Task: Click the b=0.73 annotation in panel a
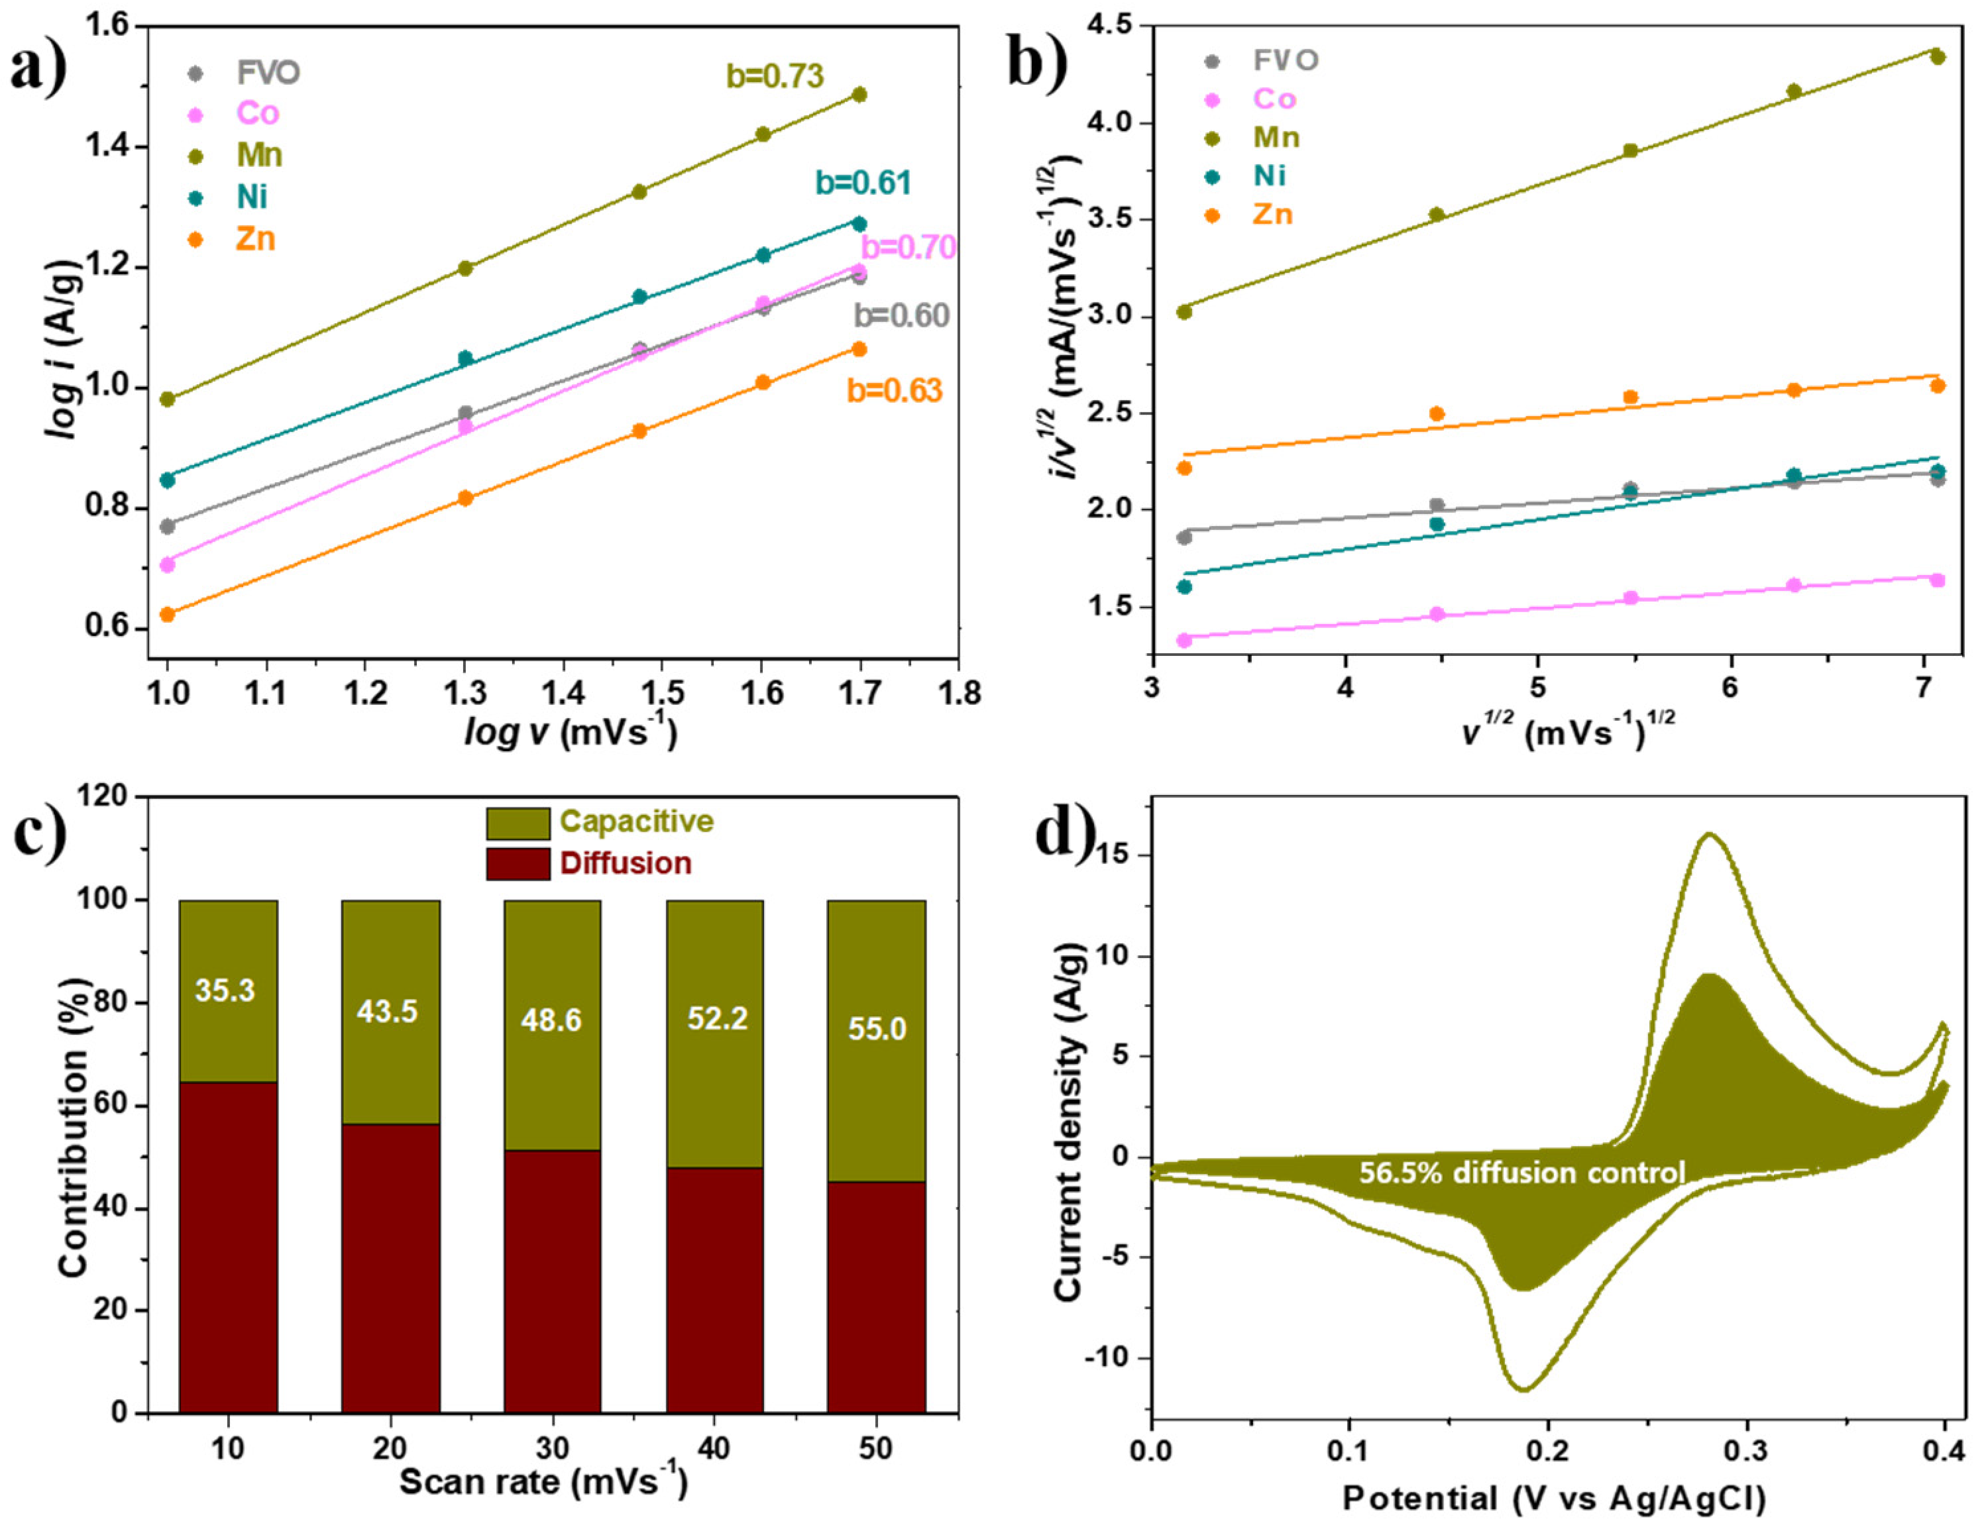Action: (x=775, y=76)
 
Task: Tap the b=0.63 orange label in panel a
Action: (x=895, y=391)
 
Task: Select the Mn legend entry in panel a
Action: (x=259, y=156)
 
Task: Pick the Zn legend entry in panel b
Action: (x=1272, y=215)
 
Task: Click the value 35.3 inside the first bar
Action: (x=225, y=990)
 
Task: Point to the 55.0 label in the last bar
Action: (x=877, y=1029)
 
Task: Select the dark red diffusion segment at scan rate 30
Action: (x=553, y=1282)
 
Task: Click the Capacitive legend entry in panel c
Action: (x=636, y=821)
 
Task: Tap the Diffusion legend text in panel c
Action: (x=626, y=863)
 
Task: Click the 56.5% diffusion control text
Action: (x=1521, y=1173)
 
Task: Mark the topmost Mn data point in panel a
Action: (x=859, y=95)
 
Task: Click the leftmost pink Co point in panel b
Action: (x=1184, y=640)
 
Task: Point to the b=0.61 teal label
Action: (x=863, y=184)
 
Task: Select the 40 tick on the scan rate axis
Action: (x=714, y=1448)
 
